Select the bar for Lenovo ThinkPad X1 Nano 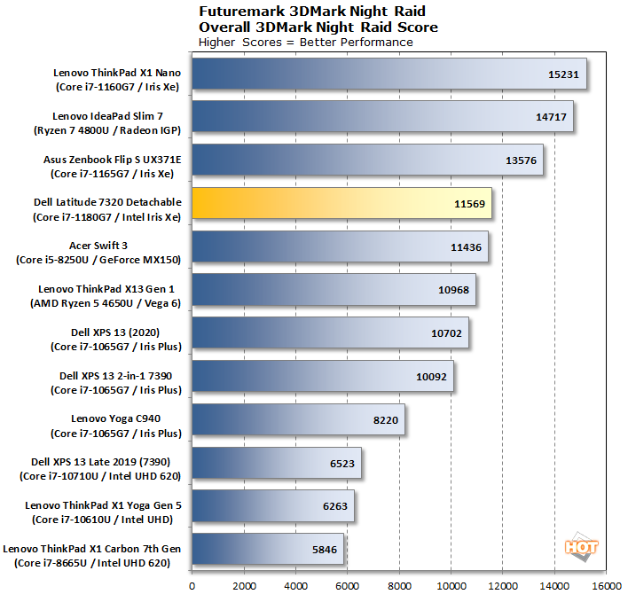point(389,74)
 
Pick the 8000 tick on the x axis point(399,585)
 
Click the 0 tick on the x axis point(192,585)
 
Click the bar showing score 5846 point(268,549)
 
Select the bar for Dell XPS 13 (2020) point(330,333)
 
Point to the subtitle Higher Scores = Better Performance point(305,42)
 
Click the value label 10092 point(433,376)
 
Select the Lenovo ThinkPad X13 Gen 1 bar point(334,290)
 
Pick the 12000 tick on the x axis point(503,585)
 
